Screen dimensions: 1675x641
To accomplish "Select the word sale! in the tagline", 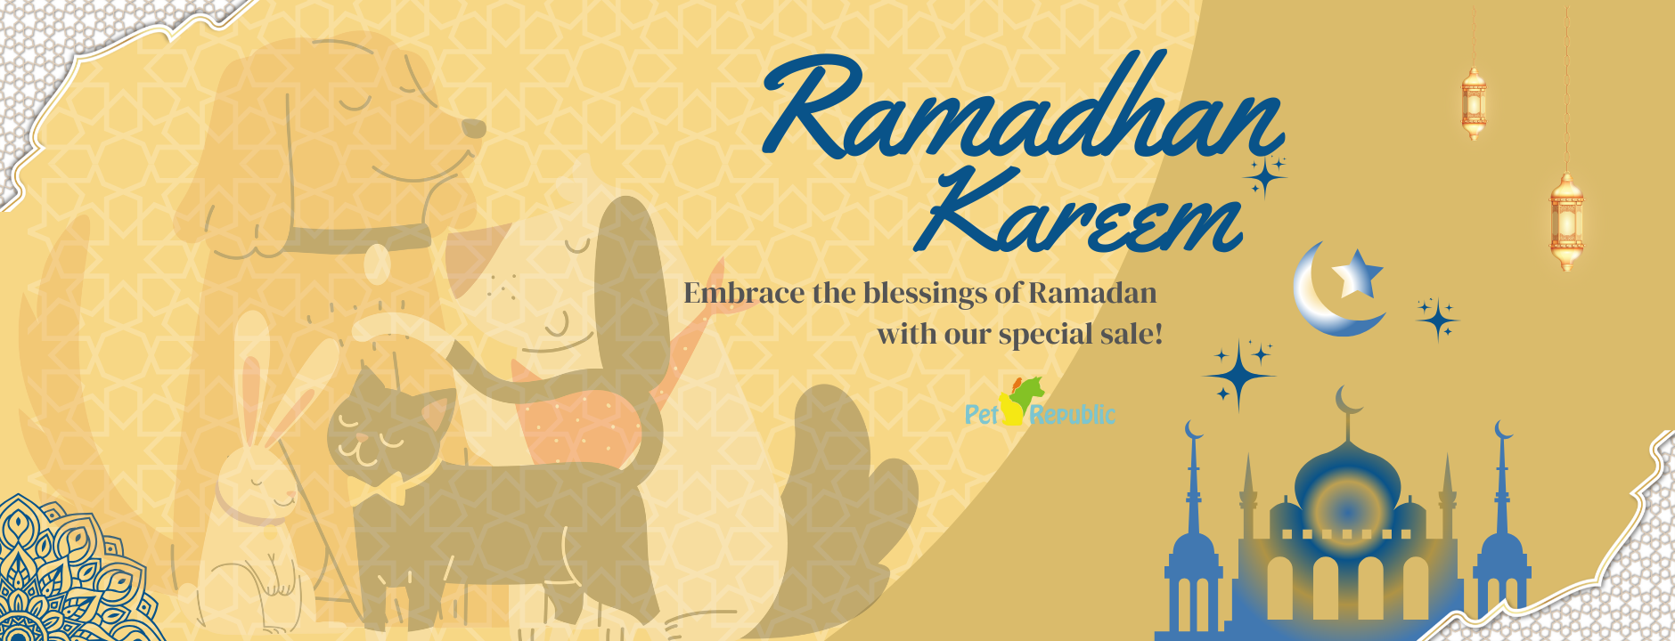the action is tap(1132, 334).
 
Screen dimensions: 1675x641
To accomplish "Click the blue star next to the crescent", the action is tap(1356, 272).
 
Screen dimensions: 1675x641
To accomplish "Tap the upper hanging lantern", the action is tap(1474, 103).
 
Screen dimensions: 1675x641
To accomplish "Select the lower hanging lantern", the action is tap(1566, 221).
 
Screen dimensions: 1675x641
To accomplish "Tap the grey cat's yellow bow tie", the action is tap(374, 489).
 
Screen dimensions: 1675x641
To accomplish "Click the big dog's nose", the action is tap(473, 128).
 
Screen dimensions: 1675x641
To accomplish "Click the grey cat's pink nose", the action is tap(361, 438).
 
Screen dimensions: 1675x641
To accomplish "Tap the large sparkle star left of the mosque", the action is tap(1238, 374).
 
